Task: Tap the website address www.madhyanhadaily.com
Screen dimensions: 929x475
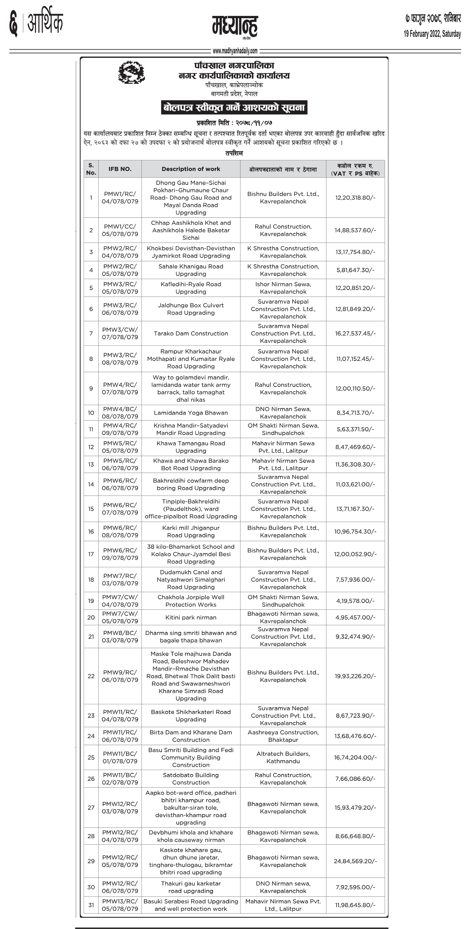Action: click(235, 51)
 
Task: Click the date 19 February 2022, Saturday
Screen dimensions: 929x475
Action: click(432, 34)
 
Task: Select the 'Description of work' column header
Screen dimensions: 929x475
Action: click(191, 169)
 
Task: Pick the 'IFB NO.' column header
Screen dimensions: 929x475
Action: click(120, 169)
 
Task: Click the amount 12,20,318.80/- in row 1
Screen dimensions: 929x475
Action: click(355, 198)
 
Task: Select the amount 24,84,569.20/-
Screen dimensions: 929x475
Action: click(355, 861)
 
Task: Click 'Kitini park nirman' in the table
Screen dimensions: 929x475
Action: click(191, 617)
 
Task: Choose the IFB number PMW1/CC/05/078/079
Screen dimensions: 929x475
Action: click(120, 230)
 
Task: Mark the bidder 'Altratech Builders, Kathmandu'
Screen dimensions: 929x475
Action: click(283, 757)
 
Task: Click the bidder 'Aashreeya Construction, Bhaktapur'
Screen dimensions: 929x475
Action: click(283, 736)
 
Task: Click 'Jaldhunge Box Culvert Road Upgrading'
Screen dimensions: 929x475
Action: click(191, 309)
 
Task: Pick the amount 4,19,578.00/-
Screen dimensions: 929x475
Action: click(355, 601)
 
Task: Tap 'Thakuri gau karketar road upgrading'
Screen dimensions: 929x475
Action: click(191, 887)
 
